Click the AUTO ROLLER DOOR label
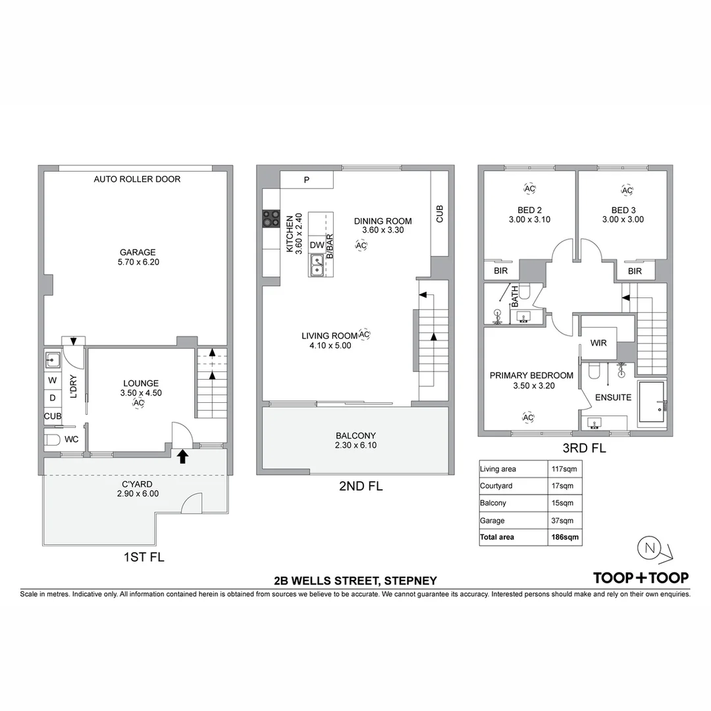pyautogui.click(x=137, y=179)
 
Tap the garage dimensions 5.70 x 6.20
pyautogui.click(x=137, y=261)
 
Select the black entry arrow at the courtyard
pyautogui.click(x=182, y=456)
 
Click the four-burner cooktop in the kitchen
pyautogui.click(x=271, y=218)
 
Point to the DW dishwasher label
pyautogui.click(x=317, y=245)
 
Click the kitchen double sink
pyautogui.click(x=317, y=265)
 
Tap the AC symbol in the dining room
pyautogui.click(x=361, y=246)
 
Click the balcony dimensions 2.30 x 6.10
pyautogui.click(x=355, y=445)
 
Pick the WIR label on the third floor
pyautogui.click(x=599, y=343)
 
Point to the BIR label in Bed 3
pyautogui.click(x=635, y=271)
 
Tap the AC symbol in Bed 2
pyautogui.click(x=529, y=189)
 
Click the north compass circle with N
pyautogui.click(x=650, y=548)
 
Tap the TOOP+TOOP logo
pyautogui.click(x=641, y=578)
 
